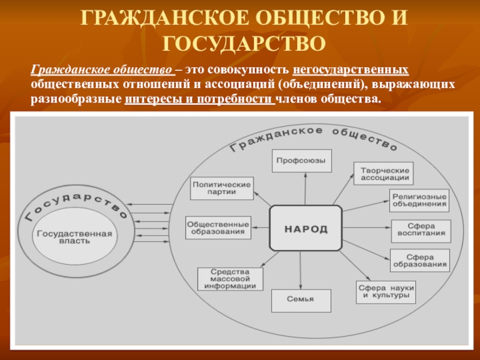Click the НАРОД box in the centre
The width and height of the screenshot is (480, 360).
pyautogui.click(x=306, y=229)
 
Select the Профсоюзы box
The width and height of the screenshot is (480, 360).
pyautogui.click(x=301, y=161)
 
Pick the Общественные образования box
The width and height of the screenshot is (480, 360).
pyautogui.click(x=218, y=227)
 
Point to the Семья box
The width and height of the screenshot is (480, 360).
pyautogui.click(x=301, y=299)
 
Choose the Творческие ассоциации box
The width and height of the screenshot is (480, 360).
pyautogui.click(x=384, y=173)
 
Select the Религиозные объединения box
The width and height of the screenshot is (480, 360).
pyautogui.click(x=419, y=200)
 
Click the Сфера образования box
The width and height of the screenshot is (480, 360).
pyautogui.click(x=420, y=260)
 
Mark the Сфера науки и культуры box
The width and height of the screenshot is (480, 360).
pyautogui.click(x=386, y=292)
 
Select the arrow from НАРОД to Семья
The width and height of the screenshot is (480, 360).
pyautogui.click(x=304, y=270)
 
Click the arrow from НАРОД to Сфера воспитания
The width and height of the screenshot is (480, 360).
pyautogui.click(x=366, y=228)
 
